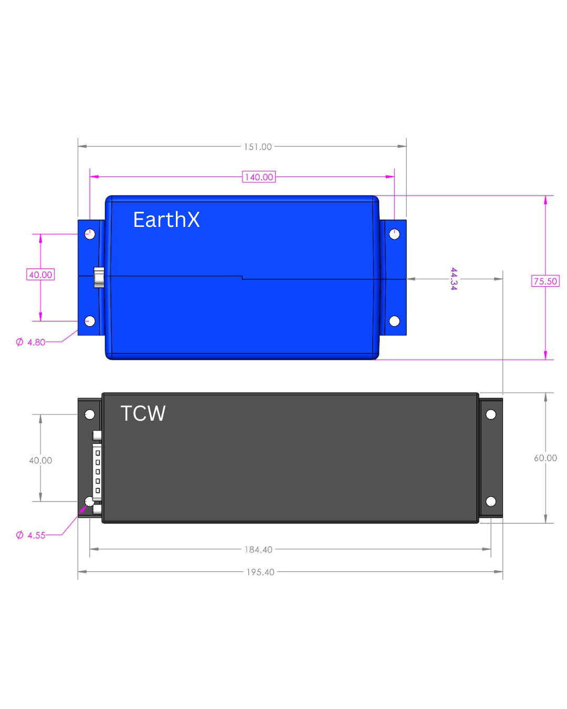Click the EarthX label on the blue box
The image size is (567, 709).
pyautogui.click(x=166, y=220)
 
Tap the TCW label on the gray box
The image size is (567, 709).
pyautogui.click(x=143, y=413)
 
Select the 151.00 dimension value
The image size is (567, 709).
pyautogui.click(x=258, y=147)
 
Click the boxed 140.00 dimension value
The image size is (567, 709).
pyautogui.click(x=259, y=177)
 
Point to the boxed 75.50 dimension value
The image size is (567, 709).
pyautogui.click(x=545, y=281)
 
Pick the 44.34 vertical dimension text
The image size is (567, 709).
pyautogui.click(x=454, y=278)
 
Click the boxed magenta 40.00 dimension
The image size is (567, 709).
pyautogui.click(x=40, y=275)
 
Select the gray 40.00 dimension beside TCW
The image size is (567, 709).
pyautogui.click(x=40, y=461)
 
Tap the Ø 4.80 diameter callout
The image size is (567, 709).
pyautogui.click(x=31, y=342)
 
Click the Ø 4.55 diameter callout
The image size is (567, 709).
pyautogui.click(x=31, y=536)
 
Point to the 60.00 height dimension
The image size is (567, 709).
pyautogui.click(x=545, y=458)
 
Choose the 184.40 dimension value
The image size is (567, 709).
pyautogui.click(x=258, y=550)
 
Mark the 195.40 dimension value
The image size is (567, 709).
pyautogui.click(x=260, y=572)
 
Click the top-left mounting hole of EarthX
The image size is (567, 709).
pyautogui.click(x=90, y=234)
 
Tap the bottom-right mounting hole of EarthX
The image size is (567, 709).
pyautogui.click(x=394, y=321)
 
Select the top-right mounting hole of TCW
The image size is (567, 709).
pyautogui.click(x=491, y=414)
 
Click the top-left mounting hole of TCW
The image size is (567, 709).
pyautogui.click(x=90, y=414)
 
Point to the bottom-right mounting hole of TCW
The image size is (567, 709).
pyautogui.click(x=491, y=502)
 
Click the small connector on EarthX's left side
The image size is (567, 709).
pyautogui.click(x=99, y=277)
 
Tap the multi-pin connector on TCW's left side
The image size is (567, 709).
pyautogui.click(x=97, y=471)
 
